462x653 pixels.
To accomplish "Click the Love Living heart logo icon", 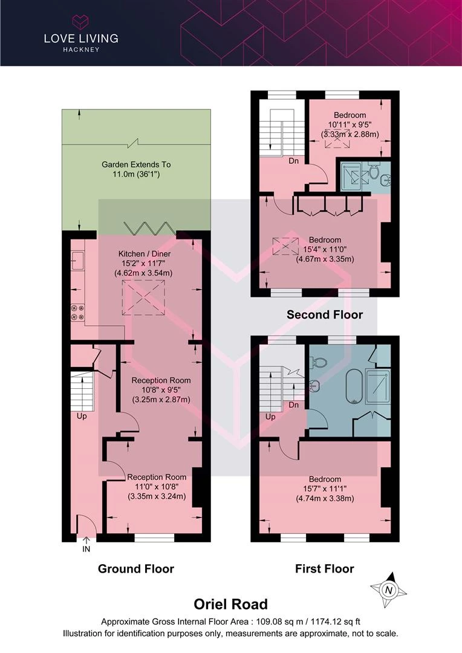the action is pos(81,22).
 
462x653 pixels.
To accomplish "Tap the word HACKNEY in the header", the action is pos(81,50).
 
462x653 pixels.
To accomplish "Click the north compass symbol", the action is pos(389,590).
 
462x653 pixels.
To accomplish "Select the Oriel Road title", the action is pos(231,604).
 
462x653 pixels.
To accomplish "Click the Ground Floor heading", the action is pos(136,569).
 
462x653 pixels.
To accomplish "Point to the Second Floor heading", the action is pos(325,314).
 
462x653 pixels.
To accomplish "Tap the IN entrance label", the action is pos(86,549).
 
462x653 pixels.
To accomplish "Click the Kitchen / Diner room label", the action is pos(144,253).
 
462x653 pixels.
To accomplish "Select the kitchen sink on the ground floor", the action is pos(77,260).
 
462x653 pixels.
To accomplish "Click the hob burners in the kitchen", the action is pos(78,313).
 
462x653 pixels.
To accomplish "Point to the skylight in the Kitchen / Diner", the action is pos(143,297).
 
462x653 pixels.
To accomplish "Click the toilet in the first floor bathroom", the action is pos(319,362).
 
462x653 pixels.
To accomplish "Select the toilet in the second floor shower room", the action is pos(374,172).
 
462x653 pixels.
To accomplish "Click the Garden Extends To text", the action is pos(136,164).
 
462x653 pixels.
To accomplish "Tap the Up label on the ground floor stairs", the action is pos(82,416).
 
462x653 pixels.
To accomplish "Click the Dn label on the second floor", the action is pos(294,161).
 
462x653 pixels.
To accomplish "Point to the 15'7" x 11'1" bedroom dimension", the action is pos(325,489).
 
